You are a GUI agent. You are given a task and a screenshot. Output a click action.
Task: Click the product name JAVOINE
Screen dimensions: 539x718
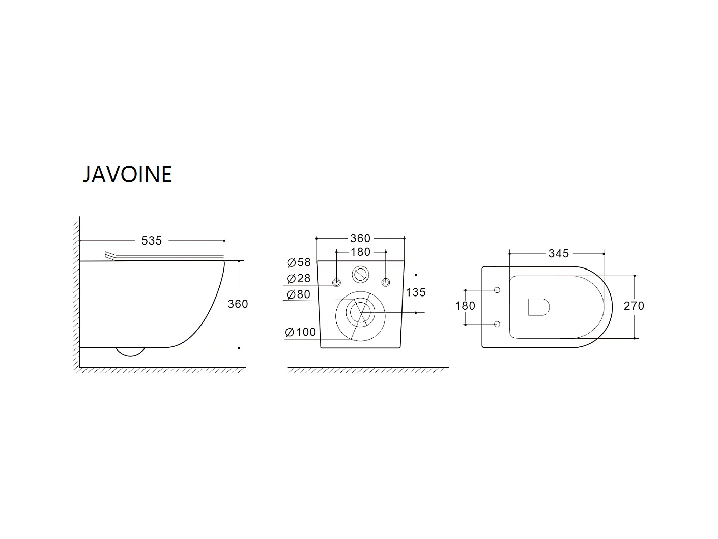127,174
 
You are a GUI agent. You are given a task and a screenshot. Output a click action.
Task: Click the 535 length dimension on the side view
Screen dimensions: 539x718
152,240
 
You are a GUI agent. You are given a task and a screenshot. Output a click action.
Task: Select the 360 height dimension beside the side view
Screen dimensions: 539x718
238,304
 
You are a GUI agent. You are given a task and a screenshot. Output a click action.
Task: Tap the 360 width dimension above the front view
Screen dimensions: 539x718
360,238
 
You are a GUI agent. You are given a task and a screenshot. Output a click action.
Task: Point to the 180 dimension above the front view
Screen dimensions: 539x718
360,252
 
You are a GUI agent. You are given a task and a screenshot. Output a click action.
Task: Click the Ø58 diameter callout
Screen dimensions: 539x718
299,263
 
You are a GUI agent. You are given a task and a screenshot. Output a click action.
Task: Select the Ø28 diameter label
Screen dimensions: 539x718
299,279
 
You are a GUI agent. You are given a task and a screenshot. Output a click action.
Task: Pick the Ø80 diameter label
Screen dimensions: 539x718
299,294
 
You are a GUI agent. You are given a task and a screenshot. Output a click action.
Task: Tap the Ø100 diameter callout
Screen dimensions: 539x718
301,332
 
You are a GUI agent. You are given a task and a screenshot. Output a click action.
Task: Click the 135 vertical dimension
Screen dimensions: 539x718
416,292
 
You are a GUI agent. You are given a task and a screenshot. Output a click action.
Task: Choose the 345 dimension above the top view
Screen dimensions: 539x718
558,253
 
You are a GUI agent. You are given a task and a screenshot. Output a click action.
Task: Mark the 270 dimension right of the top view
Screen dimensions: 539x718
634,306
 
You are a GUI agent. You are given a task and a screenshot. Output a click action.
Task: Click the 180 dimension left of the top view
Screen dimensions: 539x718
465,306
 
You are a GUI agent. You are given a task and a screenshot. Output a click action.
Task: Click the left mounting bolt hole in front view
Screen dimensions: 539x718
336,282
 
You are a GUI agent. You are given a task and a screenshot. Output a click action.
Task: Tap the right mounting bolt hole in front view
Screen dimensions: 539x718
385,282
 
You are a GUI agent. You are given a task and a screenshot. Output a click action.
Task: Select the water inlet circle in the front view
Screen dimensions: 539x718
361,274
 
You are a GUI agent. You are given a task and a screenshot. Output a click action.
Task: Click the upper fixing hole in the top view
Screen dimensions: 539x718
497,290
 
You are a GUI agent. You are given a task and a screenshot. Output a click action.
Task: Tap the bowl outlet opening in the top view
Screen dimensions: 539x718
539,307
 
